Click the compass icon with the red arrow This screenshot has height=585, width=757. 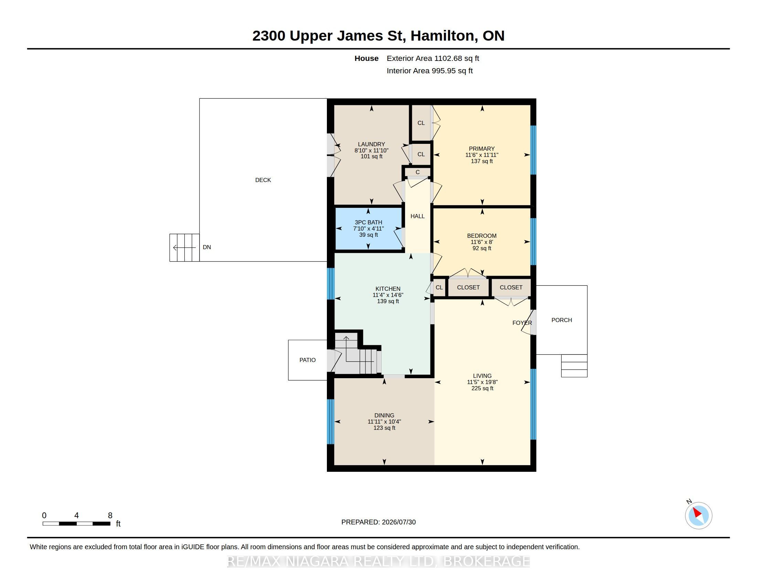(x=699, y=515)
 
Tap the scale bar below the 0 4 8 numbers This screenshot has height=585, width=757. (x=77, y=524)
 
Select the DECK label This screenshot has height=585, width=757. (x=263, y=180)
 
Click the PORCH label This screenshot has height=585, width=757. (x=562, y=320)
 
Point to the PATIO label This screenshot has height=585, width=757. (x=307, y=360)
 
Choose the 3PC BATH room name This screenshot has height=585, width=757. (x=369, y=223)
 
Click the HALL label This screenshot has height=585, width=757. (x=417, y=216)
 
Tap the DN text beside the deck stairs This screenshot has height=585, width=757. (x=207, y=247)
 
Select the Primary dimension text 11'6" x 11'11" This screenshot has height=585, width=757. (x=482, y=155)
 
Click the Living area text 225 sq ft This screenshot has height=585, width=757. (x=482, y=388)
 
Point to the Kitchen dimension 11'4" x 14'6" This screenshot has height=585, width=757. (x=388, y=295)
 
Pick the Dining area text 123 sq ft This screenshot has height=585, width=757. (x=384, y=428)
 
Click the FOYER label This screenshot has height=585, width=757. (x=522, y=323)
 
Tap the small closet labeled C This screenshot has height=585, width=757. (x=418, y=172)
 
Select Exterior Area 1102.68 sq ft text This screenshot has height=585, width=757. (x=433, y=58)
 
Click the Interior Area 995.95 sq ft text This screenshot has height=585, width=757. (x=430, y=71)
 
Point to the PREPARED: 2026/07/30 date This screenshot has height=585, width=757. (x=378, y=522)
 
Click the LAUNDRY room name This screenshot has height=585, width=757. (x=372, y=144)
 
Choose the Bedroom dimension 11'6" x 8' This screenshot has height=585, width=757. (x=482, y=242)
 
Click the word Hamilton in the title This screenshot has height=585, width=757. (x=442, y=36)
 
